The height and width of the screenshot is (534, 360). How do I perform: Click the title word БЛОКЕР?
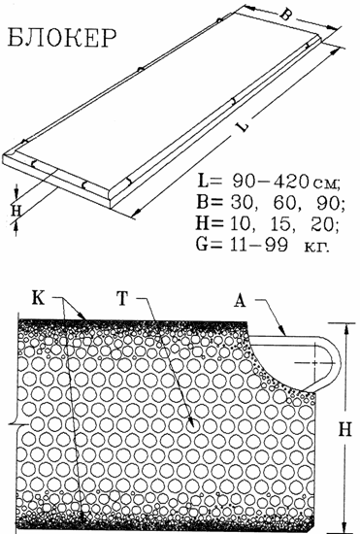(x=62, y=37)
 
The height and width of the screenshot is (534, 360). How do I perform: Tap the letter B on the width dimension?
(x=285, y=15)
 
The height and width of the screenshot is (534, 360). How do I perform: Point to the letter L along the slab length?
(x=244, y=125)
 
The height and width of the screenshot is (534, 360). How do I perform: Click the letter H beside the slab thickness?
(x=16, y=211)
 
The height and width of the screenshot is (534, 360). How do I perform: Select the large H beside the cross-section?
(x=344, y=429)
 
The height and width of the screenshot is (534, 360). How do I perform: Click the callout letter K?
(x=38, y=298)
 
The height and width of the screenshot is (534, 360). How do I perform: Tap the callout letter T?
(x=122, y=298)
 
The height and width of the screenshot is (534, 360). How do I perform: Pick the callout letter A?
(x=240, y=301)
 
